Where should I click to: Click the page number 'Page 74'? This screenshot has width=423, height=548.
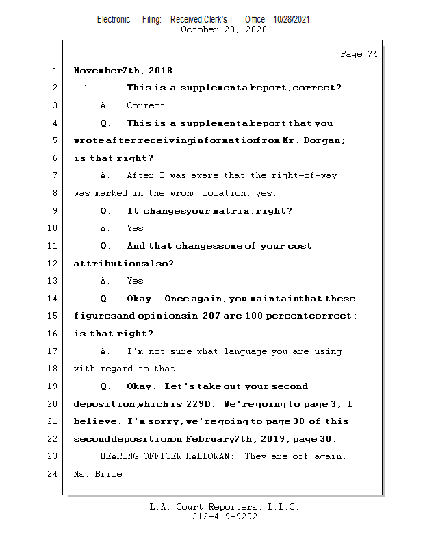click(359, 54)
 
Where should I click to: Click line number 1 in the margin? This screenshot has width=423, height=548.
click(54, 71)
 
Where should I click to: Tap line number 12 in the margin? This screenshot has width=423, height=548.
click(53, 263)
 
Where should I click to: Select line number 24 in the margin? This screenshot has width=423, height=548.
click(53, 474)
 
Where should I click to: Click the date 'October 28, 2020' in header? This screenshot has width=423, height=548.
click(223, 29)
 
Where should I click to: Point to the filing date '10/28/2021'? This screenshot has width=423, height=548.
click(292, 19)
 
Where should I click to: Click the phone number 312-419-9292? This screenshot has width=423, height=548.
click(225, 516)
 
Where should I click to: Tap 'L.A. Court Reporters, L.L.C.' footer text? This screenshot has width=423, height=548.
click(225, 507)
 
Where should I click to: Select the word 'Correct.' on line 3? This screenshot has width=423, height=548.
click(148, 105)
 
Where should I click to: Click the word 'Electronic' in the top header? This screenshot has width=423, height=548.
click(114, 19)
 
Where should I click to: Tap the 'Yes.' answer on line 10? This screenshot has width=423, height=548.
click(137, 228)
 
